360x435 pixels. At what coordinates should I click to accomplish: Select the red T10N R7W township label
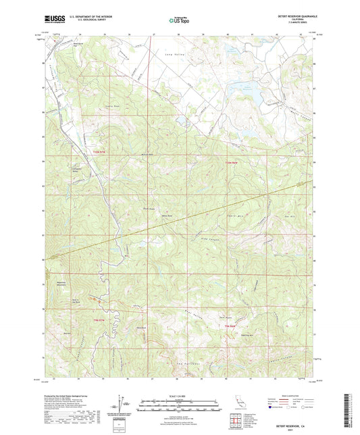[x=100, y=154]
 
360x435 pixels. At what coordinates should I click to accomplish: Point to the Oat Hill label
[x=274, y=216]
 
